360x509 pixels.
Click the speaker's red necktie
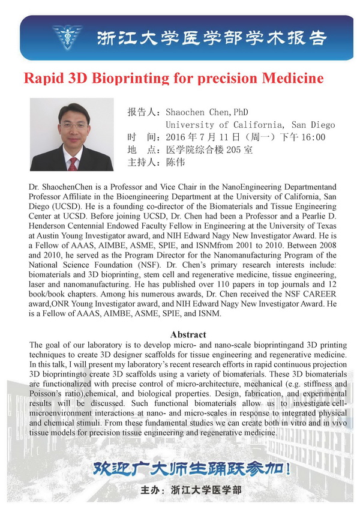point(73,161)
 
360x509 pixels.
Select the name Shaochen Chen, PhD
point(199,112)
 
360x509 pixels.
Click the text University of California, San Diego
point(250,125)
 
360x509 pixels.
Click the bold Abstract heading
point(188,334)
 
